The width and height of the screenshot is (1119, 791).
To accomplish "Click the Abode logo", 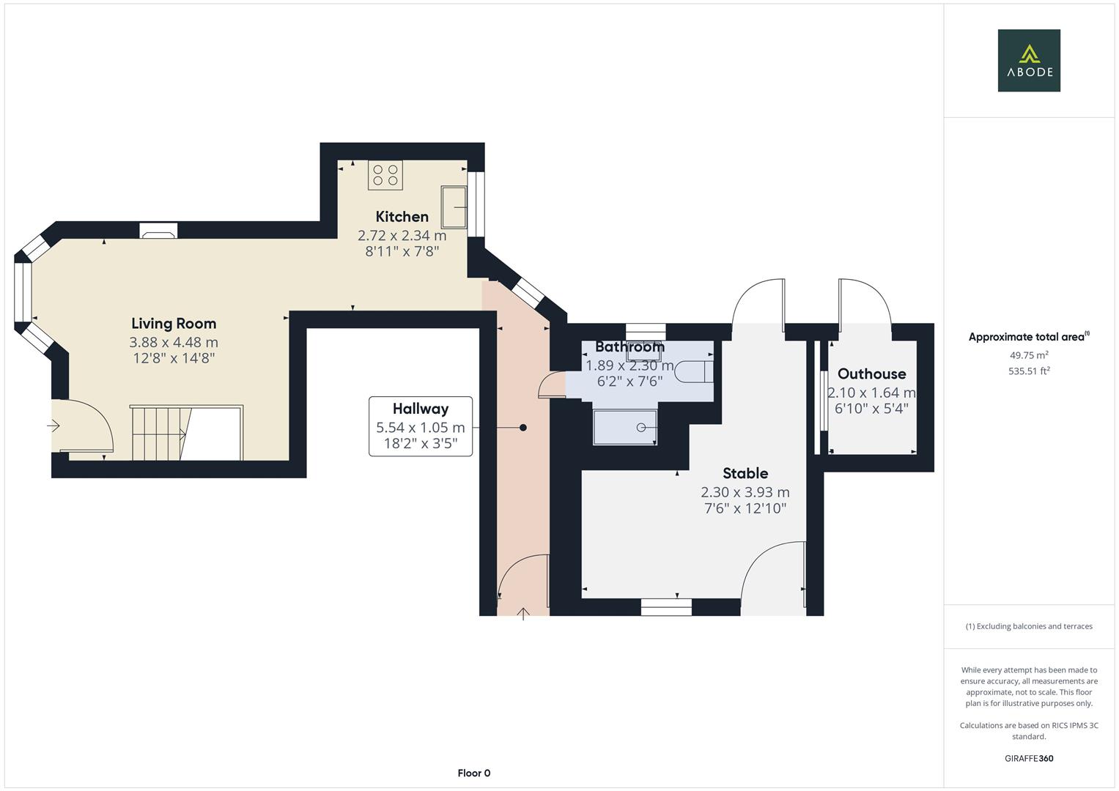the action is [1029, 60].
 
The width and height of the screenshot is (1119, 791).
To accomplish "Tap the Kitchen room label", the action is [402, 217].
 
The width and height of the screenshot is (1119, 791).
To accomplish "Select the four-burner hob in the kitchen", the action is [385, 175].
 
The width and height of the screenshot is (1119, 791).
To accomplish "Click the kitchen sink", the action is [454, 207].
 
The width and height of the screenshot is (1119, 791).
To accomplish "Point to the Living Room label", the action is [174, 324].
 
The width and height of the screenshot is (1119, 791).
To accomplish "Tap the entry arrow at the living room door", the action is [53, 426].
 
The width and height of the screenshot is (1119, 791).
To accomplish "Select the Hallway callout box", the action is [421, 426].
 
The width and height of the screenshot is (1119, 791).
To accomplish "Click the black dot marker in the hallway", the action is [523, 428].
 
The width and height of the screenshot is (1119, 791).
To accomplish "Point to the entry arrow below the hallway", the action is [523, 614].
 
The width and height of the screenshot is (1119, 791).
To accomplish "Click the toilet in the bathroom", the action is [694, 371].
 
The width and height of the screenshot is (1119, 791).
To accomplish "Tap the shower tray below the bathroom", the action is [625, 428].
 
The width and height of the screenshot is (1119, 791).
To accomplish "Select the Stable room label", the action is [745, 473].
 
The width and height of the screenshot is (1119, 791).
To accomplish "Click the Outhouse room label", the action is [872, 374].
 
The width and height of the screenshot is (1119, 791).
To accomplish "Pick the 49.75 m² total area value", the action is [1029, 355].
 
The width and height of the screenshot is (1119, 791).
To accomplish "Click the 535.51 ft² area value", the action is [1029, 371].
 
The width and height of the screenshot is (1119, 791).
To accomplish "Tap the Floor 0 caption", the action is [474, 773].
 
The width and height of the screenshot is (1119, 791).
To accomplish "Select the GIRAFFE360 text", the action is [1029, 759].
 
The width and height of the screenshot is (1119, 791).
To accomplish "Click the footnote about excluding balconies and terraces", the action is [1029, 626].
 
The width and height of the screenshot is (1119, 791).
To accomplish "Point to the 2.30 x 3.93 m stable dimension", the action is [745, 492].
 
